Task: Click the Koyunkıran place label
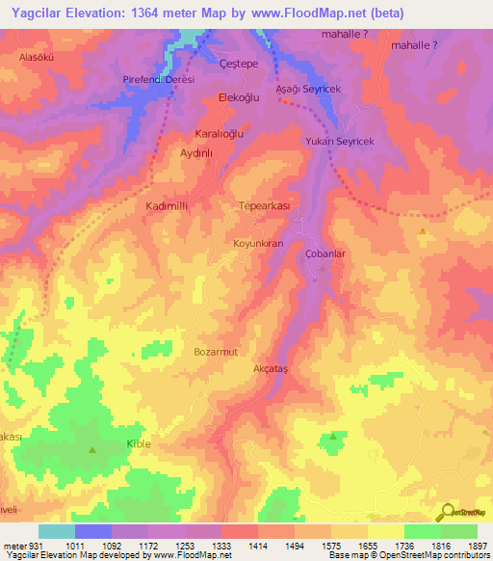[x=258, y=244]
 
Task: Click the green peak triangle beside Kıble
[x=92, y=450]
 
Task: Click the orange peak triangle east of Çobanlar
[x=423, y=232]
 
